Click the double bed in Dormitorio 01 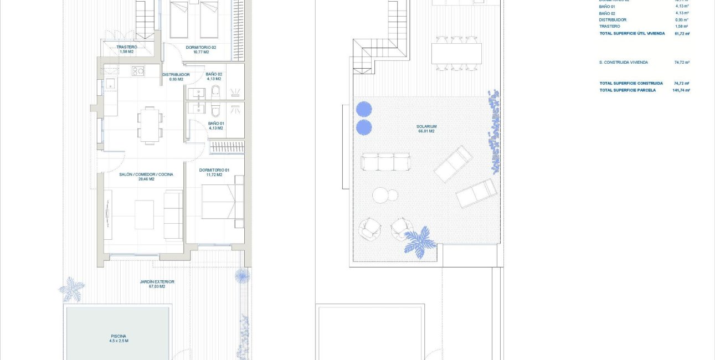coord(222,202)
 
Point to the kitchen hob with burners coord(138,70)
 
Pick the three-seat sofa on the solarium coord(385,162)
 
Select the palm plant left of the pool coord(72,289)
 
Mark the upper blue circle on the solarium coord(363,109)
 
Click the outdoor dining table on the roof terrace coord(456,54)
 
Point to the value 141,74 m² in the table coord(681,90)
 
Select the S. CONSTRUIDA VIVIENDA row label coord(623,63)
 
